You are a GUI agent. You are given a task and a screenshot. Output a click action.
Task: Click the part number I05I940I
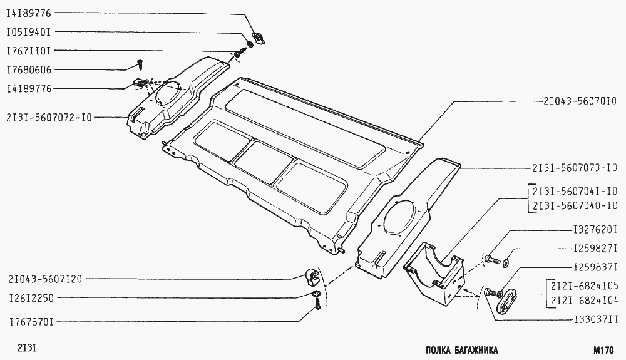click(x=29, y=32)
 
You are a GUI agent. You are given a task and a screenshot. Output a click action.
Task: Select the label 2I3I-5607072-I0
click(x=49, y=118)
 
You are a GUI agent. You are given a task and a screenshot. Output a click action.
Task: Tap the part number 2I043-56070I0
click(x=580, y=101)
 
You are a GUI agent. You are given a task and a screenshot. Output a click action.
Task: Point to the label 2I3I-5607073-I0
click(x=575, y=168)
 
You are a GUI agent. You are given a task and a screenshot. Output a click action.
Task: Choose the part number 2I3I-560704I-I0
click(x=575, y=191)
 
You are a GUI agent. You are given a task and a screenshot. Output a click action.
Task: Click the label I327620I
click(x=595, y=230)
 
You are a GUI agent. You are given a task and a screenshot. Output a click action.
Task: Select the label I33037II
click(x=595, y=320)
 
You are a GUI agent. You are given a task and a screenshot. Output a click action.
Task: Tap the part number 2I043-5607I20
click(x=44, y=279)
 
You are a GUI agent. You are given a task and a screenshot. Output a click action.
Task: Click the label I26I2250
click(x=31, y=298)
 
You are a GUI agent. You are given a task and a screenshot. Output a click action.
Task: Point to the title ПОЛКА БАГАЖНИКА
click(x=461, y=351)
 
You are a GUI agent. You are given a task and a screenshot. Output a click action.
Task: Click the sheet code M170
click(x=603, y=351)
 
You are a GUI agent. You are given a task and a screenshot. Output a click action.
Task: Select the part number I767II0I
click(x=29, y=51)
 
